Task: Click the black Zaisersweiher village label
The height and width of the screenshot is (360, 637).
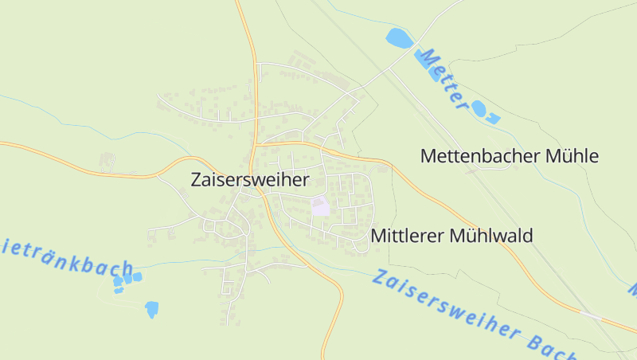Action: coord(250,181)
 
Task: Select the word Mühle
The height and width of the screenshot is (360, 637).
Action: coord(572,156)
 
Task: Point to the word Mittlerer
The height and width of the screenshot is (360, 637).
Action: coord(408,236)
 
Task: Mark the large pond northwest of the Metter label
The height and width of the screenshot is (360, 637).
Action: coord(397,37)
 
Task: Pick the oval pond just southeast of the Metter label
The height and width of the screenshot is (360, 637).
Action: coord(479,108)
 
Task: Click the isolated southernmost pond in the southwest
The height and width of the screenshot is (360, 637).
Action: coord(151,309)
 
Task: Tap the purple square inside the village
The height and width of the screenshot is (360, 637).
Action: coord(320,207)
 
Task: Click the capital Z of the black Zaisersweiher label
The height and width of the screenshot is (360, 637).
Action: coord(197,181)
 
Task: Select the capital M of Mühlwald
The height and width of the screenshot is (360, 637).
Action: coord(459,236)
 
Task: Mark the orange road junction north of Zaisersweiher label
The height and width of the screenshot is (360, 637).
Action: coord(256,143)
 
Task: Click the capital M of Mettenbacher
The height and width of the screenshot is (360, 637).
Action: coord(428,156)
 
